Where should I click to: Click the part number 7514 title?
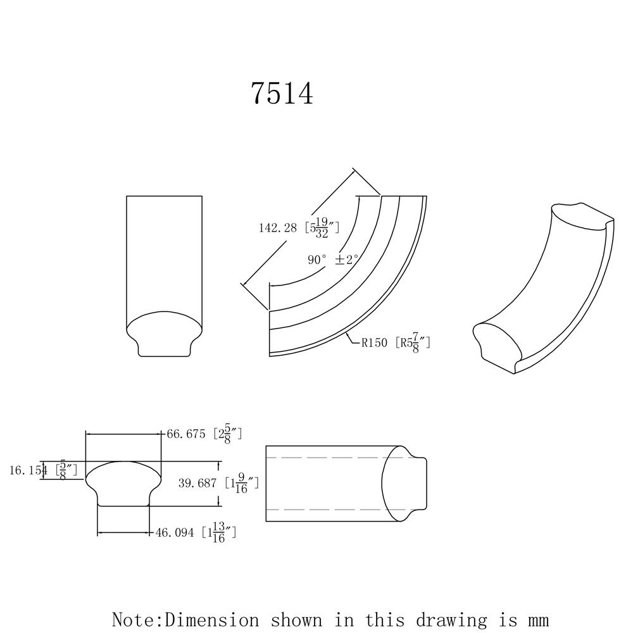pyautogui.click(x=282, y=94)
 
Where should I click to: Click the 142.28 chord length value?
pyautogui.click(x=278, y=228)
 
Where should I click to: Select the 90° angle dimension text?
pyautogui.click(x=317, y=260)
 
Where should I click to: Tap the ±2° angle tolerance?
pyautogui.click(x=348, y=260)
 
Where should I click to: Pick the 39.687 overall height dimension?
pyautogui.click(x=197, y=483)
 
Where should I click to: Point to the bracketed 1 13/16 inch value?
pyautogui.click(x=219, y=533)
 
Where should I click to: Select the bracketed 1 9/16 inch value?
pyautogui.click(x=242, y=483)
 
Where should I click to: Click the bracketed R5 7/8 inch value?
pyautogui.click(x=413, y=344)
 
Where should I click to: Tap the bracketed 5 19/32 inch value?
pyautogui.click(x=323, y=227)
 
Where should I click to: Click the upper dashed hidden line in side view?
pyautogui.click(x=335, y=457)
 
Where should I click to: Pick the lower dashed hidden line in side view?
pyautogui.click(x=335, y=509)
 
